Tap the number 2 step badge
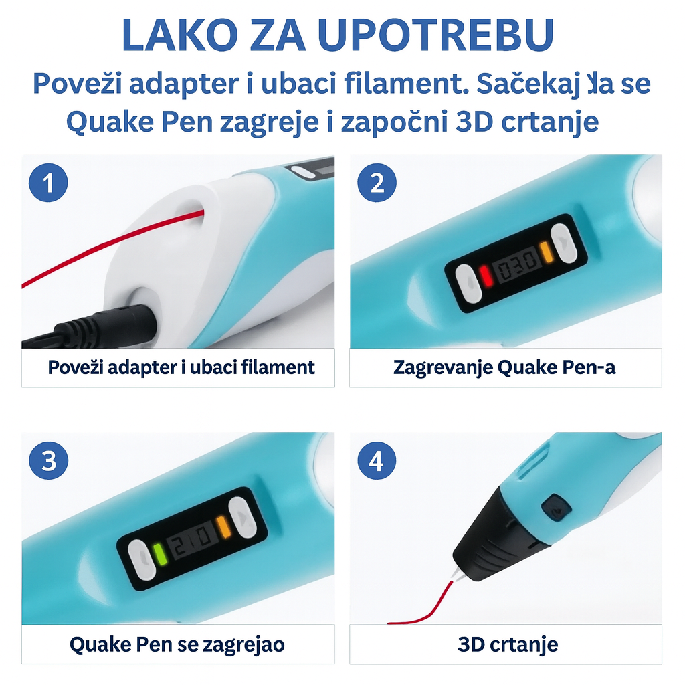pos(377,183)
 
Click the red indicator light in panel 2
pos(486,275)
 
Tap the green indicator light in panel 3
pos(159,555)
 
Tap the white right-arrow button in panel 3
pos(242,517)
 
